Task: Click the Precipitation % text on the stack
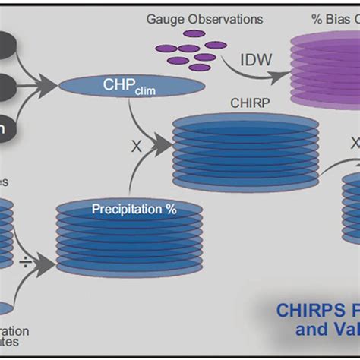pyautogui.click(x=129, y=207)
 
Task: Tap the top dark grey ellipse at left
pyautogui.click(x=9, y=45)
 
